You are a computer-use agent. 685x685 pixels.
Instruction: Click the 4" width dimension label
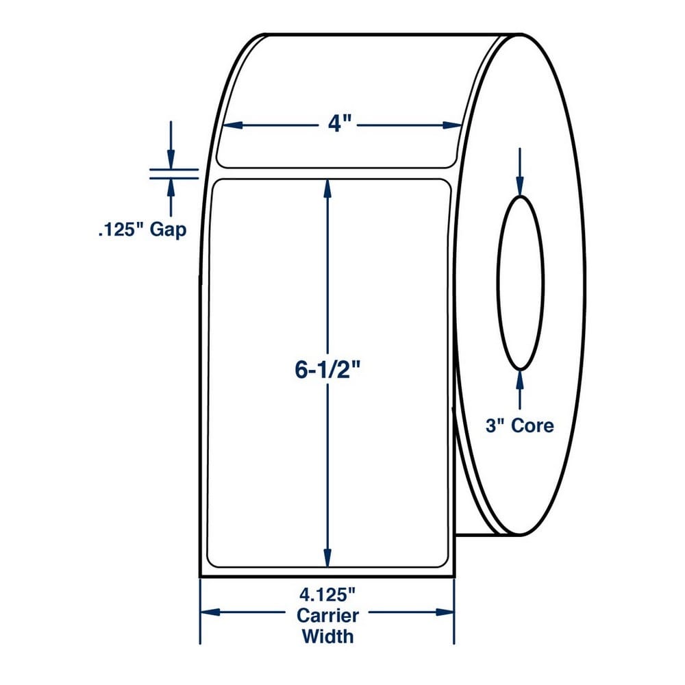point(340,125)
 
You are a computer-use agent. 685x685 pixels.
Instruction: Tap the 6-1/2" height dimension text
point(327,371)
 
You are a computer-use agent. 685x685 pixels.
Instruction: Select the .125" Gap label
point(142,229)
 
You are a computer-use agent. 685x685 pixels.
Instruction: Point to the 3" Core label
point(519,425)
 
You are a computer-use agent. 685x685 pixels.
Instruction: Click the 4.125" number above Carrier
point(327,595)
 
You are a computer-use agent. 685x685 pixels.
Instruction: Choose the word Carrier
point(327,616)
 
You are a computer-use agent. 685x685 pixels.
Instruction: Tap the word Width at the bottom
point(327,636)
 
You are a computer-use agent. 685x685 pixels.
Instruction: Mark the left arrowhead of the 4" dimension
point(232,125)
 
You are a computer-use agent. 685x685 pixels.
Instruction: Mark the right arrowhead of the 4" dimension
point(452,125)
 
